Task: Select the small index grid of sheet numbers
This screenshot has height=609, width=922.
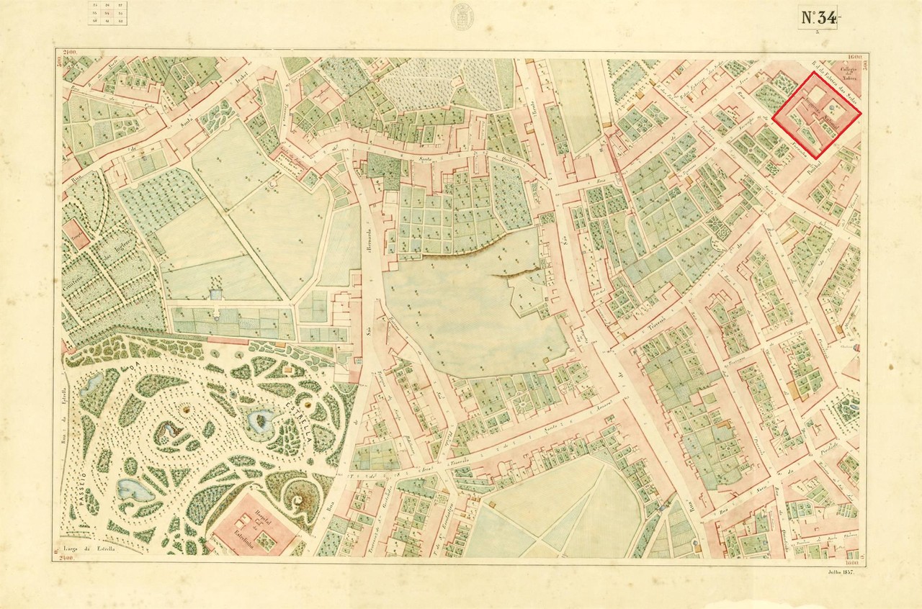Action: pos(105,14)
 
